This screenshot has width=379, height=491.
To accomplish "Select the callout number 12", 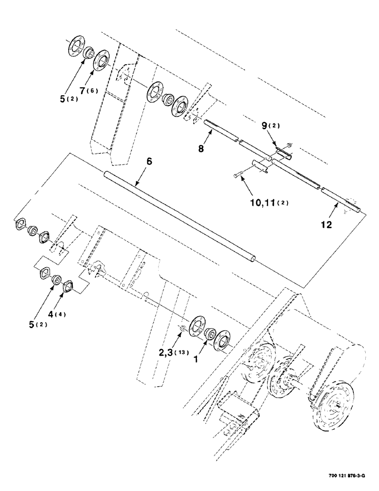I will [327, 225].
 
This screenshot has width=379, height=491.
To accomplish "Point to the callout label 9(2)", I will [270, 126].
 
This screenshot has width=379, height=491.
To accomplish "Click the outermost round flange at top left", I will [76, 46].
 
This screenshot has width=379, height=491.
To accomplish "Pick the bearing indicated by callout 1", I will [211, 334].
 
